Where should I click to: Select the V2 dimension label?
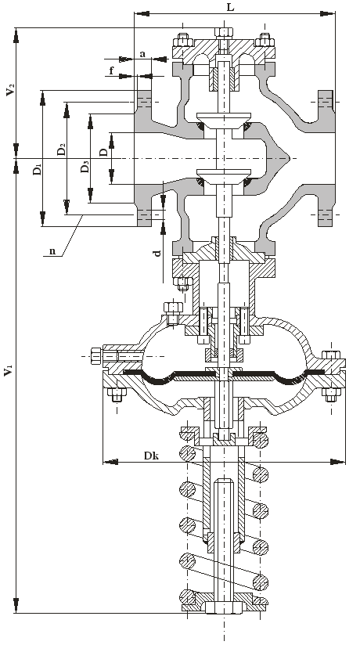click(x=10, y=89)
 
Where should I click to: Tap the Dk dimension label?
click(x=152, y=456)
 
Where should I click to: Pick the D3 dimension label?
click(x=85, y=167)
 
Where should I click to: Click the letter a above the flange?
click(x=142, y=53)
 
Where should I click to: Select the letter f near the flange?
click(x=111, y=70)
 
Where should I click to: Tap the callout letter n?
click(x=52, y=251)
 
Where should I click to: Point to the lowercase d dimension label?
click(x=157, y=253)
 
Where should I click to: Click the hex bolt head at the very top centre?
click(x=224, y=32)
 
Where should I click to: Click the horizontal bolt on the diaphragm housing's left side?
click(x=117, y=356)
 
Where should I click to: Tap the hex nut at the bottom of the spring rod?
click(x=225, y=607)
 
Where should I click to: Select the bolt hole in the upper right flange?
click(x=326, y=101)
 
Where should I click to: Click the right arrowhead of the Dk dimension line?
click(x=338, y=462)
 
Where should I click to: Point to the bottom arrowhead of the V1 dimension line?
click(x=16, y=605)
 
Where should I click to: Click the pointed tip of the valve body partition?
click(x=290, y=158)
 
